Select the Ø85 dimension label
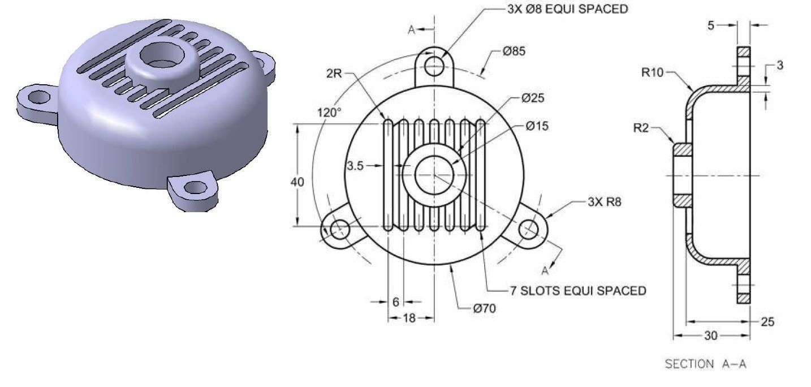(x=514, y=51)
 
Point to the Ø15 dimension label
(x=536, y=126)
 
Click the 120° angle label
(x=329, y=113)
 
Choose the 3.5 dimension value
(x=356, y=166)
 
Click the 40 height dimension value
(x=297, y=182)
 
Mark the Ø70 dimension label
(x=485, y=309)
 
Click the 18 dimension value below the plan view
(x=409, y=318)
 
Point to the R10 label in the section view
(x=654, y=72)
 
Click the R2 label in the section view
(x=641, y=128)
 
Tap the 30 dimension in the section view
(x=710, y=336)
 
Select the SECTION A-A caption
(x=705, y=364)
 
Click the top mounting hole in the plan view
(x=434, y=65)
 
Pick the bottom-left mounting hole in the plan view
(x=339, y=229)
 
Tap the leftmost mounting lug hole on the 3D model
(x=38, y=96)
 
